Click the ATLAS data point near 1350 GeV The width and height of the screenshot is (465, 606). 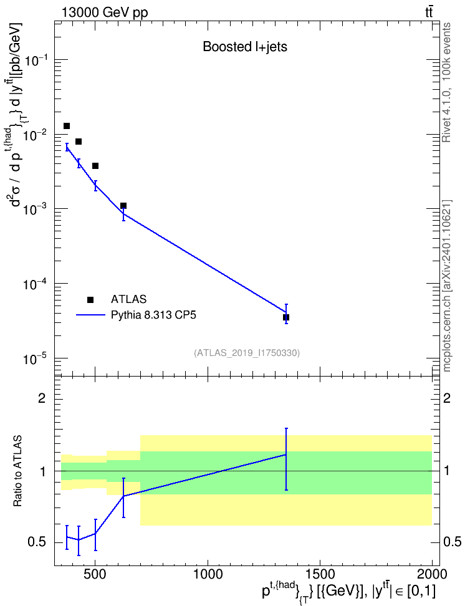click(286, 317)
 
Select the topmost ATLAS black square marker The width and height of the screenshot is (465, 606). click(67, 126)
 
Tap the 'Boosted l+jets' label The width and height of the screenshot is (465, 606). click(245, 47)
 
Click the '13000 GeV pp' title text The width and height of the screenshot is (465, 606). click(105, 12)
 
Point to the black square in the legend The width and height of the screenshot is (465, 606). click(90, 299)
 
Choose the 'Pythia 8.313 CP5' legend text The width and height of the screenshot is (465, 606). click(153, 315)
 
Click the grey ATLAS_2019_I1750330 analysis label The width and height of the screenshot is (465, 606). click(247, 353)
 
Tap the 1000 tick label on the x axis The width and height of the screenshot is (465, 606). click(208, 574)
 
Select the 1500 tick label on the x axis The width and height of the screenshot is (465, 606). click(320, 574)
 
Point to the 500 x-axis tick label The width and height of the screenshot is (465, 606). click(95, 574)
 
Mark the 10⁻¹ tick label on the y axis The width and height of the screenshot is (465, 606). click(36, 61)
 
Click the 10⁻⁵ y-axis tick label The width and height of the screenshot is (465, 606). click(36, 360)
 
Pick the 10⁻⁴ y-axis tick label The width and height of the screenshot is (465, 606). click(36, 285)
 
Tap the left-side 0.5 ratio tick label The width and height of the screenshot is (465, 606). click(37, 542)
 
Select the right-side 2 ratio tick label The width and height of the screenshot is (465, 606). click(447, 398)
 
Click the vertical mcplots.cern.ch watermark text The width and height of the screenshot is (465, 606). click(446, 286)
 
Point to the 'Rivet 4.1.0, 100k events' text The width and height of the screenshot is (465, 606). click(446, 82)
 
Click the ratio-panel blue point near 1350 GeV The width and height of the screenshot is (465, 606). click(286, 455)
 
